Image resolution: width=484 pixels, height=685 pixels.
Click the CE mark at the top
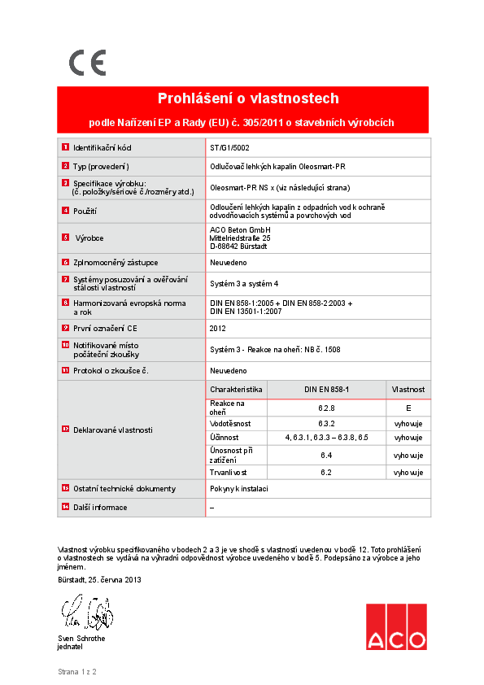(87, 63)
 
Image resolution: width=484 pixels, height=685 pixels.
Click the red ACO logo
(395, 627)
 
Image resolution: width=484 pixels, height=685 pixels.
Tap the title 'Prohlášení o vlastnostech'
(248, 99)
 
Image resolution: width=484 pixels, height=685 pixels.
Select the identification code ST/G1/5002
(230, 148)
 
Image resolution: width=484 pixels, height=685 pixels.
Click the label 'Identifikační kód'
(102, 148)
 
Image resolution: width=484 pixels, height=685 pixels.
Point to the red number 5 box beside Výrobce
(65, 238)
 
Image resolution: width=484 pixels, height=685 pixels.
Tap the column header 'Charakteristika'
(236, 390)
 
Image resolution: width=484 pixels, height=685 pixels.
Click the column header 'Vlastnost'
(408, 390)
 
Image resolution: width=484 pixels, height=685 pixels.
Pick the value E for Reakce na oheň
(408, 408)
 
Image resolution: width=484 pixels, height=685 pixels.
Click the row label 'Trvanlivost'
(229, 472)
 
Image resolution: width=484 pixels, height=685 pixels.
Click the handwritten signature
(85, 613)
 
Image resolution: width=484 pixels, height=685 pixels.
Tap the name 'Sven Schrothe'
(81, 639)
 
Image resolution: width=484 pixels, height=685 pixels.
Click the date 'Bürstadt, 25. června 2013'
(99, 580)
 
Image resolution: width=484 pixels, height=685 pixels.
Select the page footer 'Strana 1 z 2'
(77, 673)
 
